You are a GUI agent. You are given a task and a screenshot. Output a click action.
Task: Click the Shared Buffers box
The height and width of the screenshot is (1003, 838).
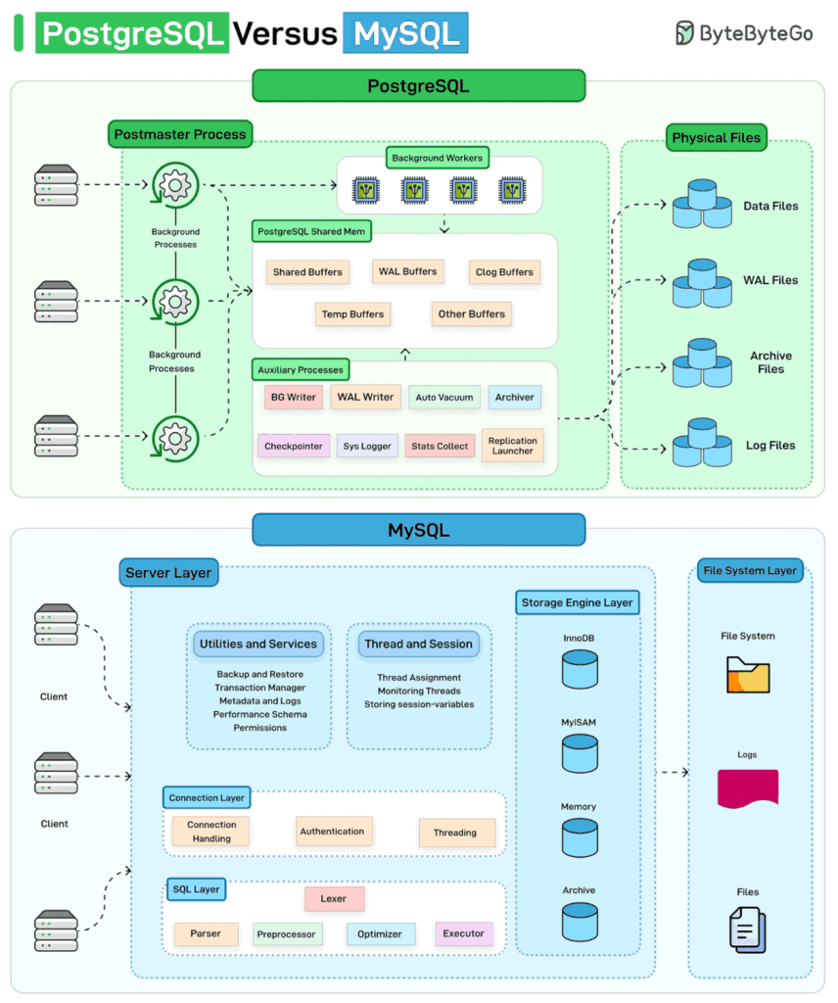click(307, 272)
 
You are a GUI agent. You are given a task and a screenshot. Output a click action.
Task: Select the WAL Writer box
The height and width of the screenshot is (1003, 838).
click(365, 397)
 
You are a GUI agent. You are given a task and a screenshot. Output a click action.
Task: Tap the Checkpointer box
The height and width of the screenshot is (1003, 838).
click(294, 446)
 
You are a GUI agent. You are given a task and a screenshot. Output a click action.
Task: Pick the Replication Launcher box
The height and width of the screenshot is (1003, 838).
click(513, 446)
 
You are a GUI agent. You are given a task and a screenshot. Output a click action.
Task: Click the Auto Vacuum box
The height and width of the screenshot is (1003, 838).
click(444, 398)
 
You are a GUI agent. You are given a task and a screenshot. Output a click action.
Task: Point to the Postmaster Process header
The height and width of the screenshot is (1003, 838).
click(180, 134)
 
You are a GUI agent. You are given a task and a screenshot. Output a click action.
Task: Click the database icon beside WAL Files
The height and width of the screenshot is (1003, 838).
click(702, 283)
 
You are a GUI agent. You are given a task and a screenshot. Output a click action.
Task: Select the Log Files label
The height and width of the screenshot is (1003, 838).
click(770, 446)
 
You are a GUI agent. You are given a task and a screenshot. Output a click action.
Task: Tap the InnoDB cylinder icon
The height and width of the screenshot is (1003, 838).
click(580, 669)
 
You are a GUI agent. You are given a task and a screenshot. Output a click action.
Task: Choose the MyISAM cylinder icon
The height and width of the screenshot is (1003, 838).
click(580, 753)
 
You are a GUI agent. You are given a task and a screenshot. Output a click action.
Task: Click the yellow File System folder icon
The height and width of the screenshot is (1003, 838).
click(748, 675)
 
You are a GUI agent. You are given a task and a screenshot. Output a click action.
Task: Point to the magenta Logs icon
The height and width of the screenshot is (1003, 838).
click(748, 788)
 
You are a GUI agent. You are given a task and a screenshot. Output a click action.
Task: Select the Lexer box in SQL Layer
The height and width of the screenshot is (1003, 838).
click(334, 899)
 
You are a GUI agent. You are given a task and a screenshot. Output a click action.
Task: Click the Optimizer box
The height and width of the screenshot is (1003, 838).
click(380, 933)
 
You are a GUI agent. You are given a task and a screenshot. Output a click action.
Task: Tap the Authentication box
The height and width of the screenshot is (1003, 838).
click(333, 832)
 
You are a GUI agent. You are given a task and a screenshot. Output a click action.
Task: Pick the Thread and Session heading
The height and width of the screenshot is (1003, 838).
click(419, 645)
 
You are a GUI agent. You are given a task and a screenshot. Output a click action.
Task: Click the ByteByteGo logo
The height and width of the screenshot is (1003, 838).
click(744, 32)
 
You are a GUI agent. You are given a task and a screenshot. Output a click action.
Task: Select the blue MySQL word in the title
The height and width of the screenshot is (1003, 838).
click(406, 33)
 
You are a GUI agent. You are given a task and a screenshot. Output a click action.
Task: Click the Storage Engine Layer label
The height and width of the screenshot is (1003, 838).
click(578, 602)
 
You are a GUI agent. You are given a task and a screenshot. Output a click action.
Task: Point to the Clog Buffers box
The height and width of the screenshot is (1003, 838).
click(504, 272)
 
